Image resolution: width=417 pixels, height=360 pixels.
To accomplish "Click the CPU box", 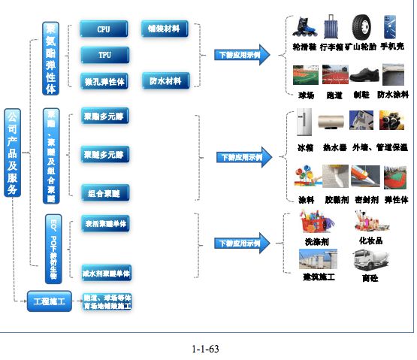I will (104, 30).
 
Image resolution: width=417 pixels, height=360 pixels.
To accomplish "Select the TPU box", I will (104, 56).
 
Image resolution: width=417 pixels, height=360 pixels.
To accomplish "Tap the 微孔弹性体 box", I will (104, 80).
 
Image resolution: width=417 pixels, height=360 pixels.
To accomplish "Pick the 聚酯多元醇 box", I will (104, 118).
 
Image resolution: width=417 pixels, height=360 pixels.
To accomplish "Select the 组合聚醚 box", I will (104, 192).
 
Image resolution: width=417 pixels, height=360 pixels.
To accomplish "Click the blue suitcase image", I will (331, 29).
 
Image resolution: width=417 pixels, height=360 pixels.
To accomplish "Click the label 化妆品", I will (370, 241).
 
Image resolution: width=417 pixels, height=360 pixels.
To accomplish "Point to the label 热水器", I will (333, 147).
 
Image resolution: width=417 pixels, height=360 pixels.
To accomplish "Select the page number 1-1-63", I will (204, 349).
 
